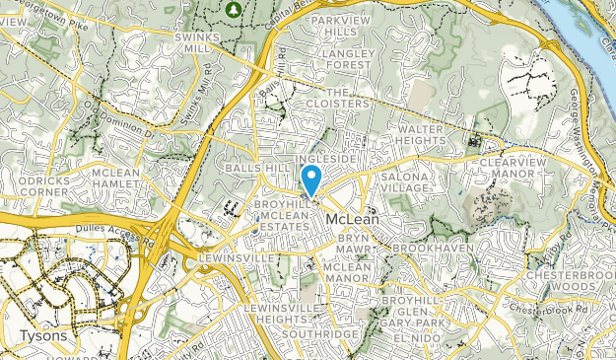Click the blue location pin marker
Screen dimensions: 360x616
pos(311,180)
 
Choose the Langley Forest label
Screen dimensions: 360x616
pos(347,59)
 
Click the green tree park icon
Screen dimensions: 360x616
pos(233,10)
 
